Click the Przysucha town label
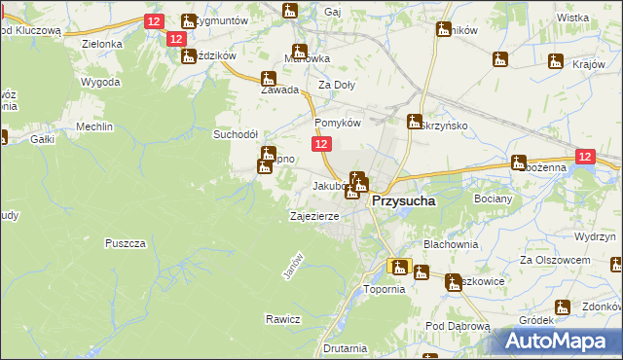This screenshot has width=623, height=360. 404,199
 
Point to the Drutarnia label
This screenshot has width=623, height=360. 346,347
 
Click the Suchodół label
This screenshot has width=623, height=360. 235,135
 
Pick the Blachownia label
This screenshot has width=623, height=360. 451,244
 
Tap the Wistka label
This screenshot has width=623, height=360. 573,18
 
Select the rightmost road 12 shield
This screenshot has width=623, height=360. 584,156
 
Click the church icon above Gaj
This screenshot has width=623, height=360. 289,12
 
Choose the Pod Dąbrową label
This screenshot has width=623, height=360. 457,326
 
